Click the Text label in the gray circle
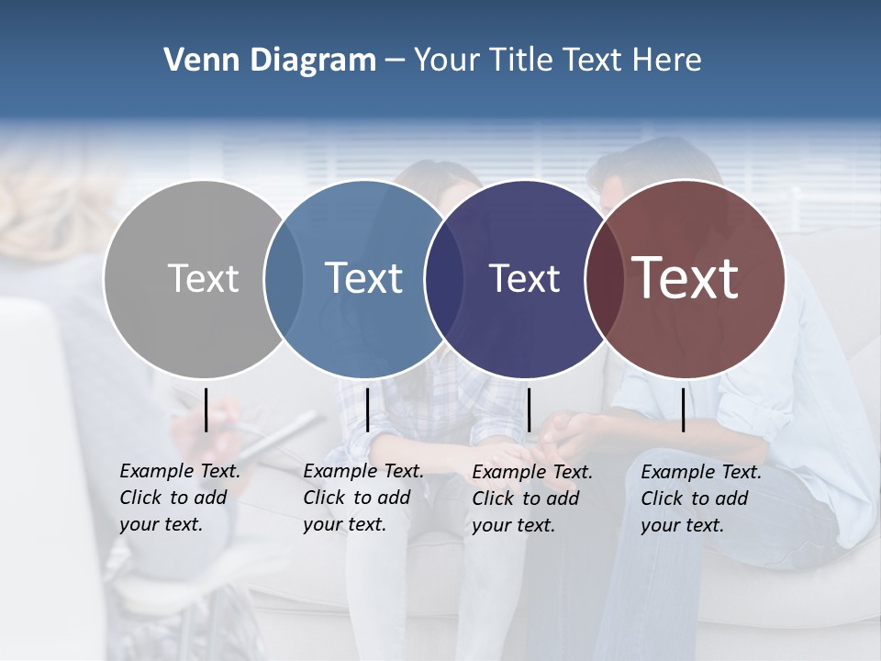203,278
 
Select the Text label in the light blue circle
363,278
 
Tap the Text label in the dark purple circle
524,278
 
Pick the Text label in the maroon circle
686,277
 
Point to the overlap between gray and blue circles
284,278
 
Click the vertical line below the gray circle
206,409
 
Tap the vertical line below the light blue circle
367,409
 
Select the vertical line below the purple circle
529,409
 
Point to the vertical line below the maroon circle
684,409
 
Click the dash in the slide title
395,62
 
